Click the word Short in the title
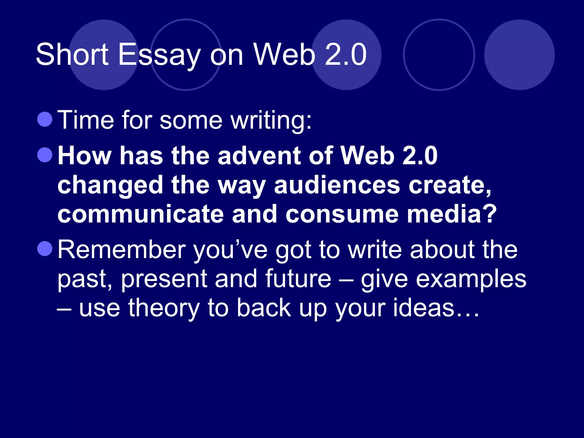(72, 54)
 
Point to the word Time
(86, 120)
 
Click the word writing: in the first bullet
(271, 121)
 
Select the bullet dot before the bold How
(45, 155)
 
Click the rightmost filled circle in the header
(519, 55)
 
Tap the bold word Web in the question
(368, 156)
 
